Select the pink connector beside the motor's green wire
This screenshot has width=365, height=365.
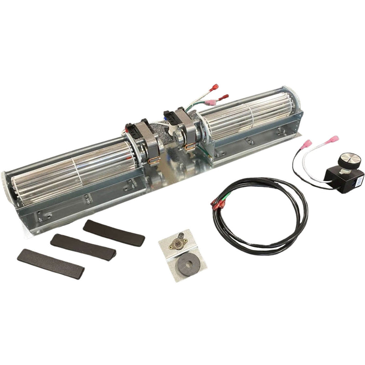[210, 103]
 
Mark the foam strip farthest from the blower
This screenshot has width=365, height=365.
[50, 263]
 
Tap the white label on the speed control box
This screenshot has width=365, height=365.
[359, 181]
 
